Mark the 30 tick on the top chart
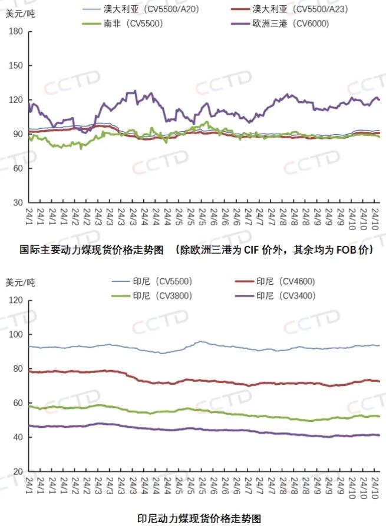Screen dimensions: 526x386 [18, 202]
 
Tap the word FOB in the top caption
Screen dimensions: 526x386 [346, 250]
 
